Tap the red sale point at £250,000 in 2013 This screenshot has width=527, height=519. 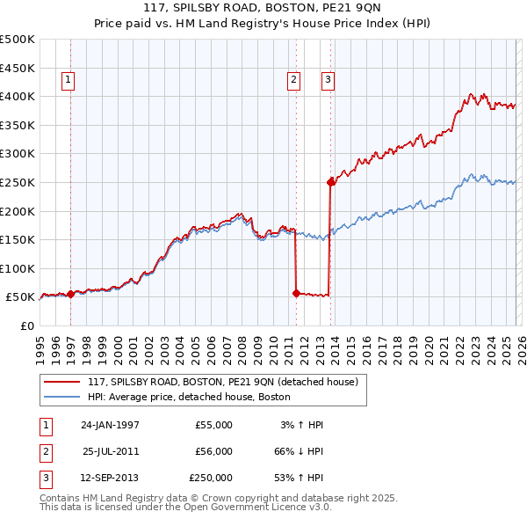330,183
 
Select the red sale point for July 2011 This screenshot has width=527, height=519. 296,294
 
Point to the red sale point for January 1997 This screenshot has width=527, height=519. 70,295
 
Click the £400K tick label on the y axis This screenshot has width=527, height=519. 18,96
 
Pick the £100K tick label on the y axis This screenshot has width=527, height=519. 18,268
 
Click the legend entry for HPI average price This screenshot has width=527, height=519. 194,398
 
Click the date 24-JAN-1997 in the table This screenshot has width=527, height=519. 111,425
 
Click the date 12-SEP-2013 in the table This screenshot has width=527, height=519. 111,478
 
